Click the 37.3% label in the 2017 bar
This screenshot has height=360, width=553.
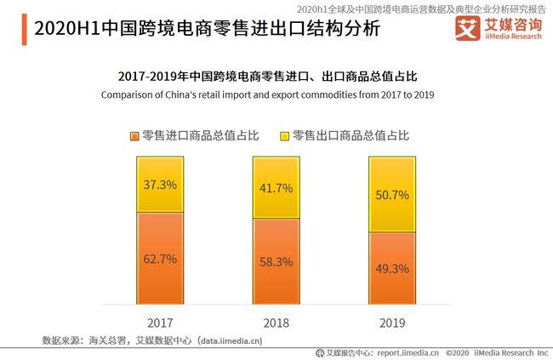(x=160, y=185)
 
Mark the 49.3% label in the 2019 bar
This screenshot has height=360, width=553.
(x=392, y=268)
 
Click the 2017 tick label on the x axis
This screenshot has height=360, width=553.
(x=160, y=323)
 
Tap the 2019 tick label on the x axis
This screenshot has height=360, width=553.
(x=392, y=323)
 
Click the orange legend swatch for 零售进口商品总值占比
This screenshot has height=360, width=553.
(x=134, y=136)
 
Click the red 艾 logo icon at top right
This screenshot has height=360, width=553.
(x=465, y=31)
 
